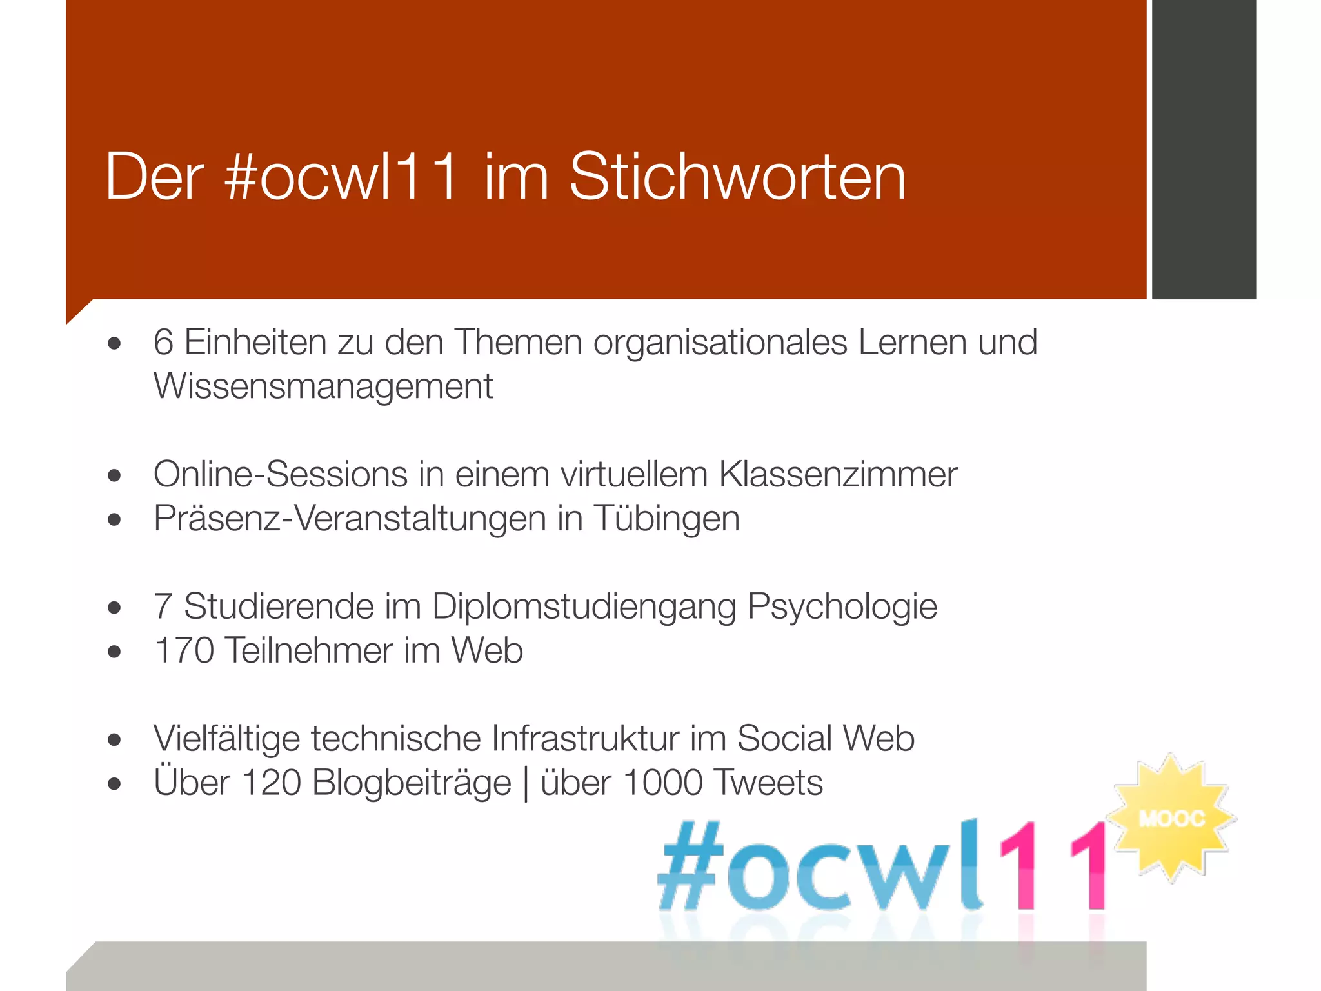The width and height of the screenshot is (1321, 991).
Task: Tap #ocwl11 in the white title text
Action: coord(341,176)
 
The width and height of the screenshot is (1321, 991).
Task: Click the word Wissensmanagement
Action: coord(323,386)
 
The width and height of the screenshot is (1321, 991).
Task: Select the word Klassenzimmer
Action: coord(838,474)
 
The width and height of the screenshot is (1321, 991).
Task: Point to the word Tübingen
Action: coord(666,519)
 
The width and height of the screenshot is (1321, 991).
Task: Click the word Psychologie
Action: coord(842,606)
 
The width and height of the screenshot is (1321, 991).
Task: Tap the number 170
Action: coord(184,650)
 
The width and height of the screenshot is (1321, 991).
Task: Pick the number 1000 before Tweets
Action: coord(662,783)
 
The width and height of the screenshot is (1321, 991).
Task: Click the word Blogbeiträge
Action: coord(412,783)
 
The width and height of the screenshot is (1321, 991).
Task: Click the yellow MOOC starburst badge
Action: coord(1171,818)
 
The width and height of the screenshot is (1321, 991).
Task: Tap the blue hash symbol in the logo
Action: coord(690,866)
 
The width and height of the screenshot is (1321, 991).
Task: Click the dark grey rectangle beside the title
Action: coord(1204,149)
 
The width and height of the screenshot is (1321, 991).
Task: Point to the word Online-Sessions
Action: coord(281,474)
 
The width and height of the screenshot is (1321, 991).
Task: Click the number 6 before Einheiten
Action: coord(163,342)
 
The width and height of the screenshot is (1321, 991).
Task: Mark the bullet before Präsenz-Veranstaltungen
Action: coord(115,519)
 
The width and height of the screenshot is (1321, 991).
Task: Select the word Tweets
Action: coord(769,783)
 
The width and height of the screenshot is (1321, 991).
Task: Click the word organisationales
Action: coord(720,342)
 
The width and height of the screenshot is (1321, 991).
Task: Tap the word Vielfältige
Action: coord(226,738)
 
